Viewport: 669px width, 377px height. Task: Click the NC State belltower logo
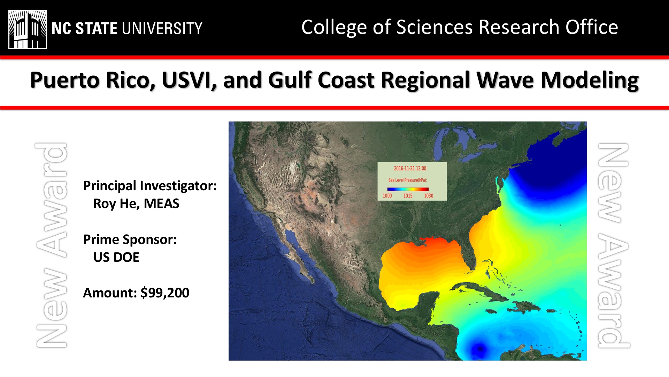tap(28, 29)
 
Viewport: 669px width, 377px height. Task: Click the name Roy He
tap(117, 204)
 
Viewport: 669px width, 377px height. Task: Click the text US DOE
tap(116, 257)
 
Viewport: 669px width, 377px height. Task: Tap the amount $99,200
tap(165, 293)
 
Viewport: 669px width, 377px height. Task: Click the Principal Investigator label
tap(150, 186)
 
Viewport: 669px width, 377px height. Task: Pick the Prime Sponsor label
tap(130, 239)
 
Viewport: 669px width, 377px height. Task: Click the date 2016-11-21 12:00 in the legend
tap(410, 169)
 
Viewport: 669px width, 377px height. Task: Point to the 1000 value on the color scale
tap(387, 196)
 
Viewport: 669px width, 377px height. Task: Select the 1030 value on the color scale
tap(429, 196)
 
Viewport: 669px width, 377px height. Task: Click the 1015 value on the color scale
tap(408, 196)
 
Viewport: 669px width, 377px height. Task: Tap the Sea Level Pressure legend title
tap(408, 180)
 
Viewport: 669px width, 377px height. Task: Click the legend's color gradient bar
tap(408, 189)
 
